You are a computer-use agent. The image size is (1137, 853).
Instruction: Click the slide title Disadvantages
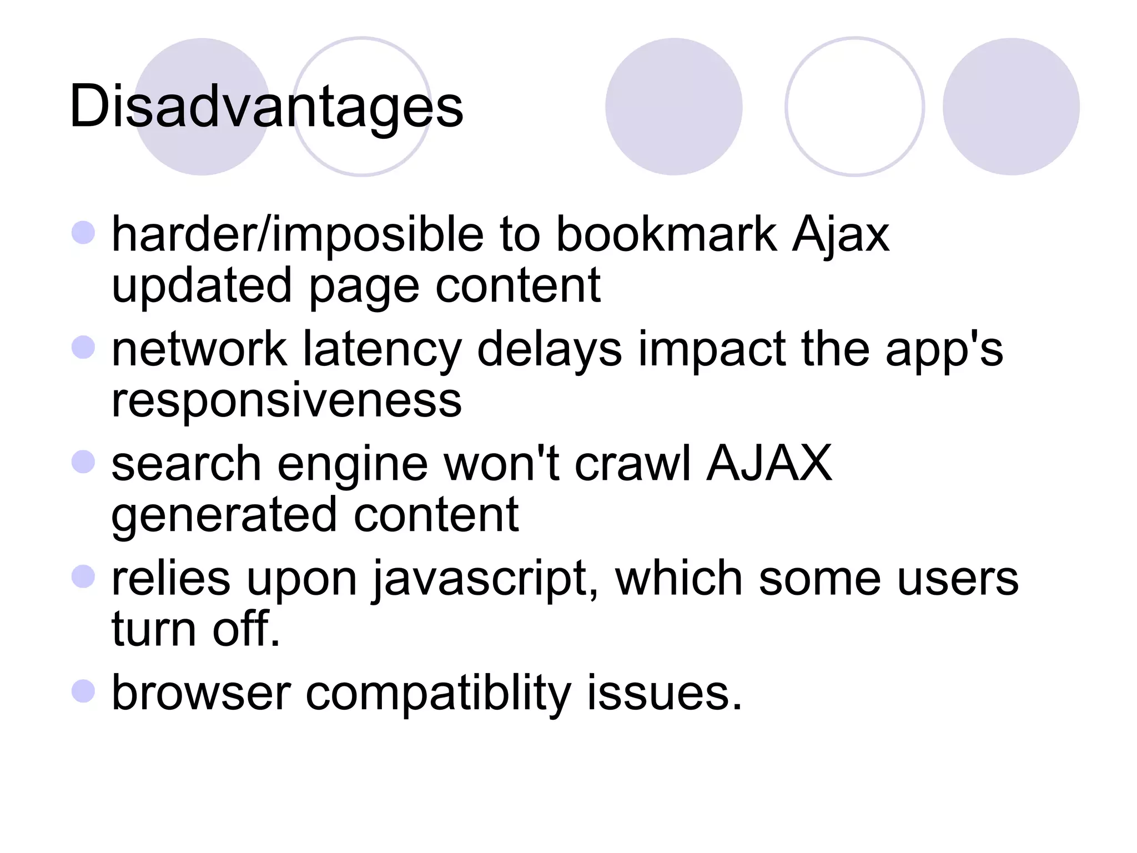click(x=266, y=106)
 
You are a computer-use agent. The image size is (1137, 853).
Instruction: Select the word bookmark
click(x=666, y=234)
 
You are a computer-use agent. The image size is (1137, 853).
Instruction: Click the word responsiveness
click(x=286, y=400)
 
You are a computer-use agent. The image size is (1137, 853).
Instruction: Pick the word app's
click(x=944, y=350)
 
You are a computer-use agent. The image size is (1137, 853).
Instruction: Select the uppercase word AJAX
click(x=769, y=463)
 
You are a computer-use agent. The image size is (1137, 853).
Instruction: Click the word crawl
click(x=632, y=463)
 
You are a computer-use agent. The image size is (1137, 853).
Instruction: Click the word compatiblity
click(x=438, y=694)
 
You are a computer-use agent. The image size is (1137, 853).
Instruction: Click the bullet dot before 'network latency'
click(x=83, y=348)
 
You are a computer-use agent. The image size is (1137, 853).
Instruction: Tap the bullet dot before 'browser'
click(x=83, y=691)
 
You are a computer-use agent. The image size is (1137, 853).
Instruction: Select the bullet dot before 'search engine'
click(x=83, y=461)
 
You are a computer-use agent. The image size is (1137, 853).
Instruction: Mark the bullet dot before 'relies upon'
click(x=83, y=576)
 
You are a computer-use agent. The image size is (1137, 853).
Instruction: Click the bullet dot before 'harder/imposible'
click(x=83, y=232)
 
